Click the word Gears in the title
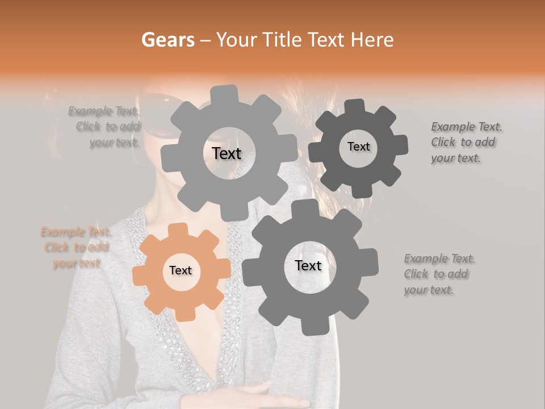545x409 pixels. click(165, 39)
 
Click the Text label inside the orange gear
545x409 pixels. click(181, 271)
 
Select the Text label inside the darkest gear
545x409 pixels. click(358, 147)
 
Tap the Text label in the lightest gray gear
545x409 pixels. click(227, 153)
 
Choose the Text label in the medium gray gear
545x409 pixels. click(308, 265)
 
